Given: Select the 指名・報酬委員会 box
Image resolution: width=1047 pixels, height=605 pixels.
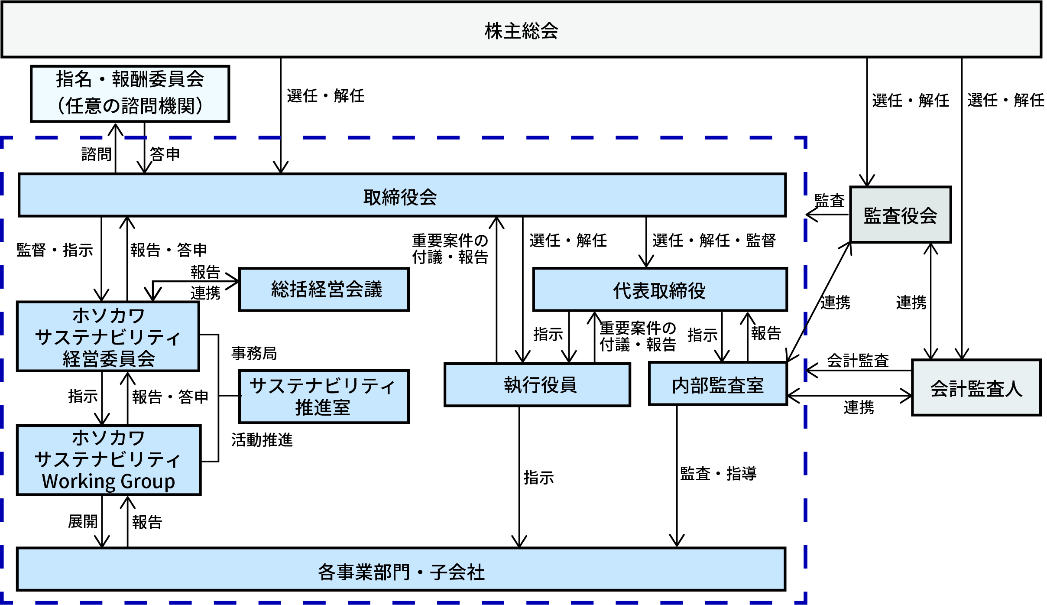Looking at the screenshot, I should [130, 93].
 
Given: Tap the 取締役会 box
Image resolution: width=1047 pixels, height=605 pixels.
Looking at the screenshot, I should [401, 196].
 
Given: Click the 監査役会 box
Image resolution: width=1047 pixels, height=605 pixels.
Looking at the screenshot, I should [900, 215].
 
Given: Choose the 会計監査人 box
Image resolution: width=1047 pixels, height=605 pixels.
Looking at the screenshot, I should [976, 388].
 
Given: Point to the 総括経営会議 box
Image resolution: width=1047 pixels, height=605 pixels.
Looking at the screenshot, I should [324, 289].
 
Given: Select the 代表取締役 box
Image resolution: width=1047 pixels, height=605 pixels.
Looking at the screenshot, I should [659, 290].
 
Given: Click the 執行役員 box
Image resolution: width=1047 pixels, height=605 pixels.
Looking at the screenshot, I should [537, 384].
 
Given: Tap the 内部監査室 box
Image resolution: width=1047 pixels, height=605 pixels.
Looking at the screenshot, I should [717, 384].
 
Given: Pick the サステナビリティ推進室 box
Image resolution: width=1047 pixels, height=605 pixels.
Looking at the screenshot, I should [323, 396].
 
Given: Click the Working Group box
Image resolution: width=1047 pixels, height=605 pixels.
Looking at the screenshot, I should [108, 460].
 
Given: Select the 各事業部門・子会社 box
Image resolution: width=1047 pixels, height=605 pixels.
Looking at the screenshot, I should [401, 570].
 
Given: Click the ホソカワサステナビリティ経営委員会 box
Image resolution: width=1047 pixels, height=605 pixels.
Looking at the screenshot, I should [108, 337].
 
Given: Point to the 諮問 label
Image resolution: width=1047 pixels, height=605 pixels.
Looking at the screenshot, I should [96, 154].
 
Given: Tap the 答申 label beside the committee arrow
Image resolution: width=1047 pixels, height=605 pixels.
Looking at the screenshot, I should [165, 154].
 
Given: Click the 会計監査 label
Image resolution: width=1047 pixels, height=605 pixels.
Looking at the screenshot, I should [858, 361].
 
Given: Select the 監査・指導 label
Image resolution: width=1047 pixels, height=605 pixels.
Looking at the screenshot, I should [718, 474].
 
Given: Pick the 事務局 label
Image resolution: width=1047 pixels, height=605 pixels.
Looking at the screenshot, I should [254, 353].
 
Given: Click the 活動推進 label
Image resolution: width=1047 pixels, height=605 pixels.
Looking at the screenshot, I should [262, 440].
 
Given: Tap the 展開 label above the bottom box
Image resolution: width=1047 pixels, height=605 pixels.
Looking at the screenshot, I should [83, 521].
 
